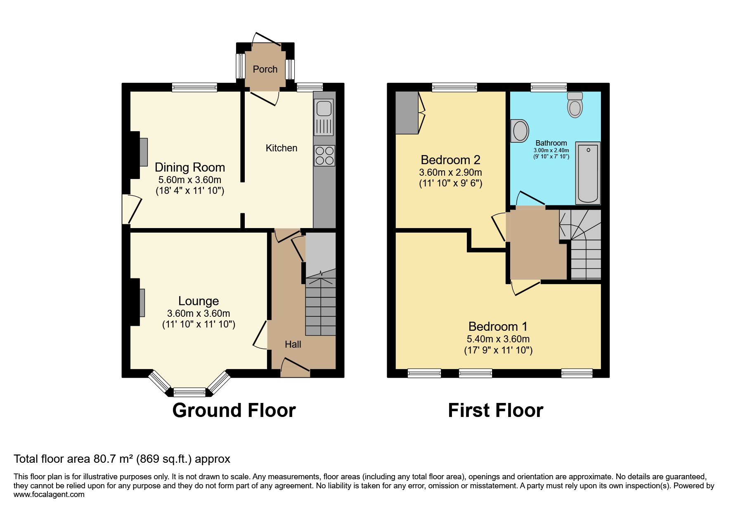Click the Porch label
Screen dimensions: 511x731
coord(265,69)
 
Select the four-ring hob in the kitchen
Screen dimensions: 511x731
coord(324,155)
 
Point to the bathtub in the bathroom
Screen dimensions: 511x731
coord(588,173)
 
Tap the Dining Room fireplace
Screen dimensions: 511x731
coord(143,152)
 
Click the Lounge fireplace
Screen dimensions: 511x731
coord(142,303)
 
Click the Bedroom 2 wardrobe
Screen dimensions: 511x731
coord(407,113)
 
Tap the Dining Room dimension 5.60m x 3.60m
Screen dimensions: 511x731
coord(189,180)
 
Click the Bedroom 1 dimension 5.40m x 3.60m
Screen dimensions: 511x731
coord(498,339)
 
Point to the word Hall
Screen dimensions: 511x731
coord(293,344)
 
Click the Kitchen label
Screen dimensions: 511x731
coord(281,148)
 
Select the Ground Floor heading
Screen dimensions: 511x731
coord(234,410)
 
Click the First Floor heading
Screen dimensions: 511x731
coord(495,410)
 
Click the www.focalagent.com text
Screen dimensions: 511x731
coord(49,495)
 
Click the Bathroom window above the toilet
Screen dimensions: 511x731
coord(549,87)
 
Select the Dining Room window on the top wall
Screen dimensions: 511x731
coord(194,87)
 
